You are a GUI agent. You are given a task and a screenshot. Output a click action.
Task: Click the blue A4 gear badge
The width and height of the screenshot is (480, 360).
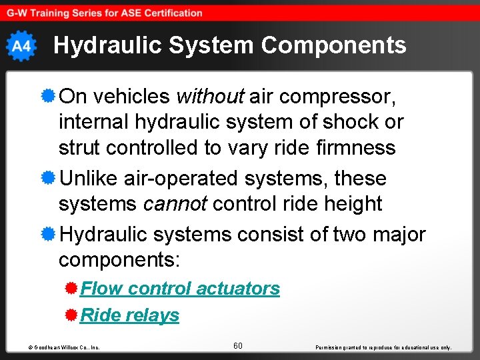(21, 46)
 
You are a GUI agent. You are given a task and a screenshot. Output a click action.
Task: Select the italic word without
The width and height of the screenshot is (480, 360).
(210, 97)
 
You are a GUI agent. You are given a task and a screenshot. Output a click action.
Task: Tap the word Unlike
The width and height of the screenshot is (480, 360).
(90, 179)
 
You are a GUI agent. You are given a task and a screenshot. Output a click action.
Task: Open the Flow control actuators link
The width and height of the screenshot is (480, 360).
(180, 289)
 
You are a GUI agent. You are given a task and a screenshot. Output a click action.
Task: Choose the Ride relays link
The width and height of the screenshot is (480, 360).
(130, 315)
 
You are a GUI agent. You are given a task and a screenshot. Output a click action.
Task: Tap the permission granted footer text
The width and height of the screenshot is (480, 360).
(384, 347)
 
